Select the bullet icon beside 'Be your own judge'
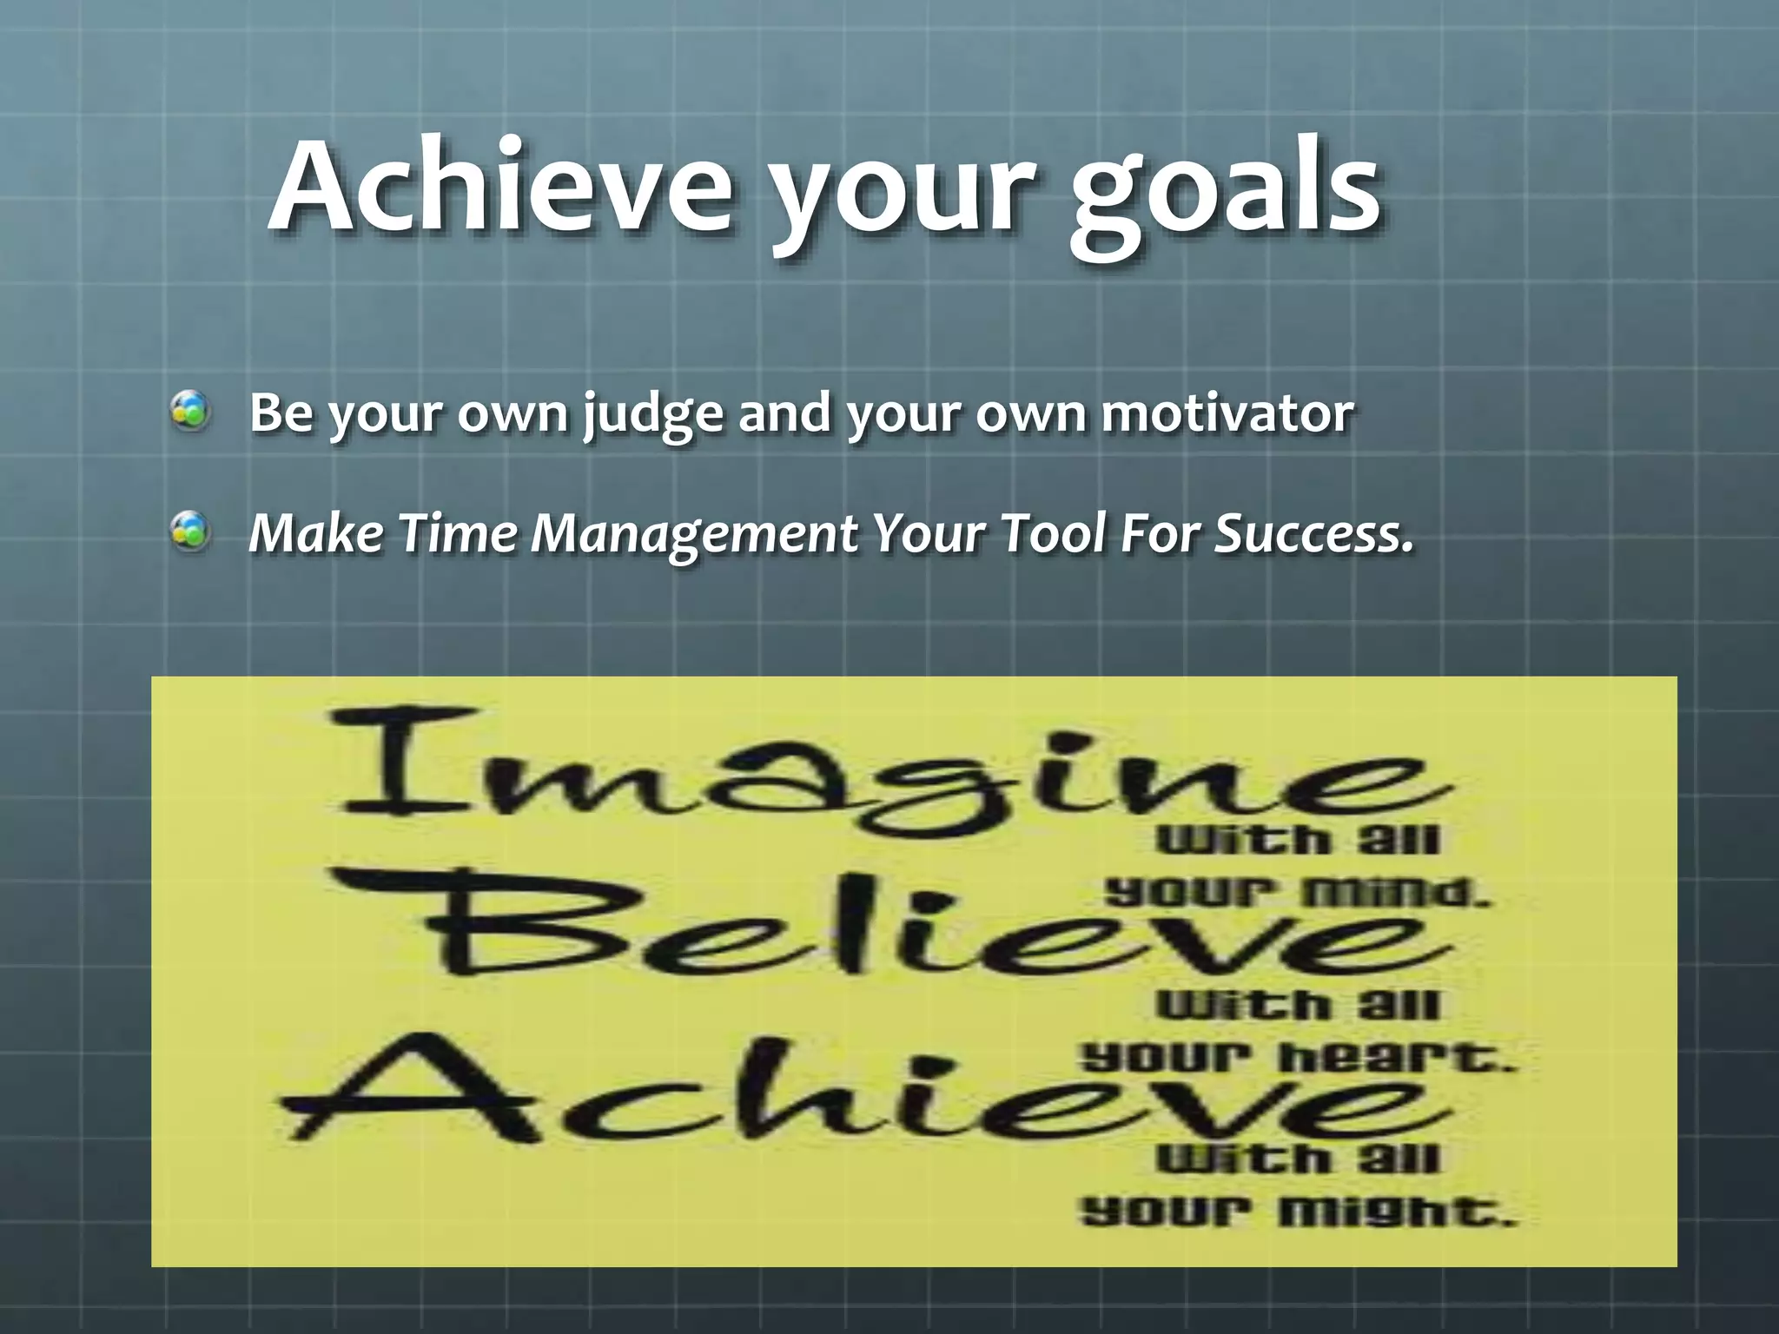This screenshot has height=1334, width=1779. pyautogui.click(x=189, y=412)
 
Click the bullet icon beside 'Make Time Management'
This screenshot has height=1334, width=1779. pyautogui.click(x=189, y=532)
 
